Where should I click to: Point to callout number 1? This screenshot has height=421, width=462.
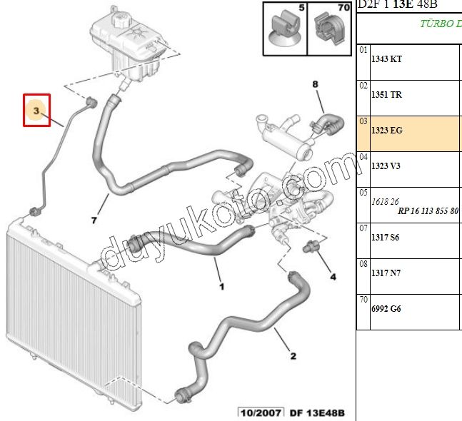click(x=221, y=287)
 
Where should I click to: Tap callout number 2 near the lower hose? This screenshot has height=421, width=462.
click(x=293, y=356)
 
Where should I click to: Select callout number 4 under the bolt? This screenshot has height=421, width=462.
click(x=332, y=275)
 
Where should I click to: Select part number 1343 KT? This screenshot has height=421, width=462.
click(x=387, y=59)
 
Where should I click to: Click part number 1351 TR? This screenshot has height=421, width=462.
click(x=387, y=95)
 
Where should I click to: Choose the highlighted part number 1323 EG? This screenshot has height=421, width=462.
click(x=387, y=131)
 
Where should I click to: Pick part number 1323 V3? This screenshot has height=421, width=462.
click(x=386, y=166)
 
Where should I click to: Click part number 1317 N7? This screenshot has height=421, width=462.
click(x=386, y=273)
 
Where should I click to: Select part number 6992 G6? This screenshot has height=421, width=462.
click(x=386, y=309)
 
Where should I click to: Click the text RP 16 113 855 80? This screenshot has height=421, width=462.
click(x=428, y=211)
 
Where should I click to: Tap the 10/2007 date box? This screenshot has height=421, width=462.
click(x=261, y=412)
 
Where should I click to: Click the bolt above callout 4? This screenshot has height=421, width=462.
click(x=311, y=249)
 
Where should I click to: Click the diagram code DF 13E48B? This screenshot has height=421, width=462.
click(x=317, y=412)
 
